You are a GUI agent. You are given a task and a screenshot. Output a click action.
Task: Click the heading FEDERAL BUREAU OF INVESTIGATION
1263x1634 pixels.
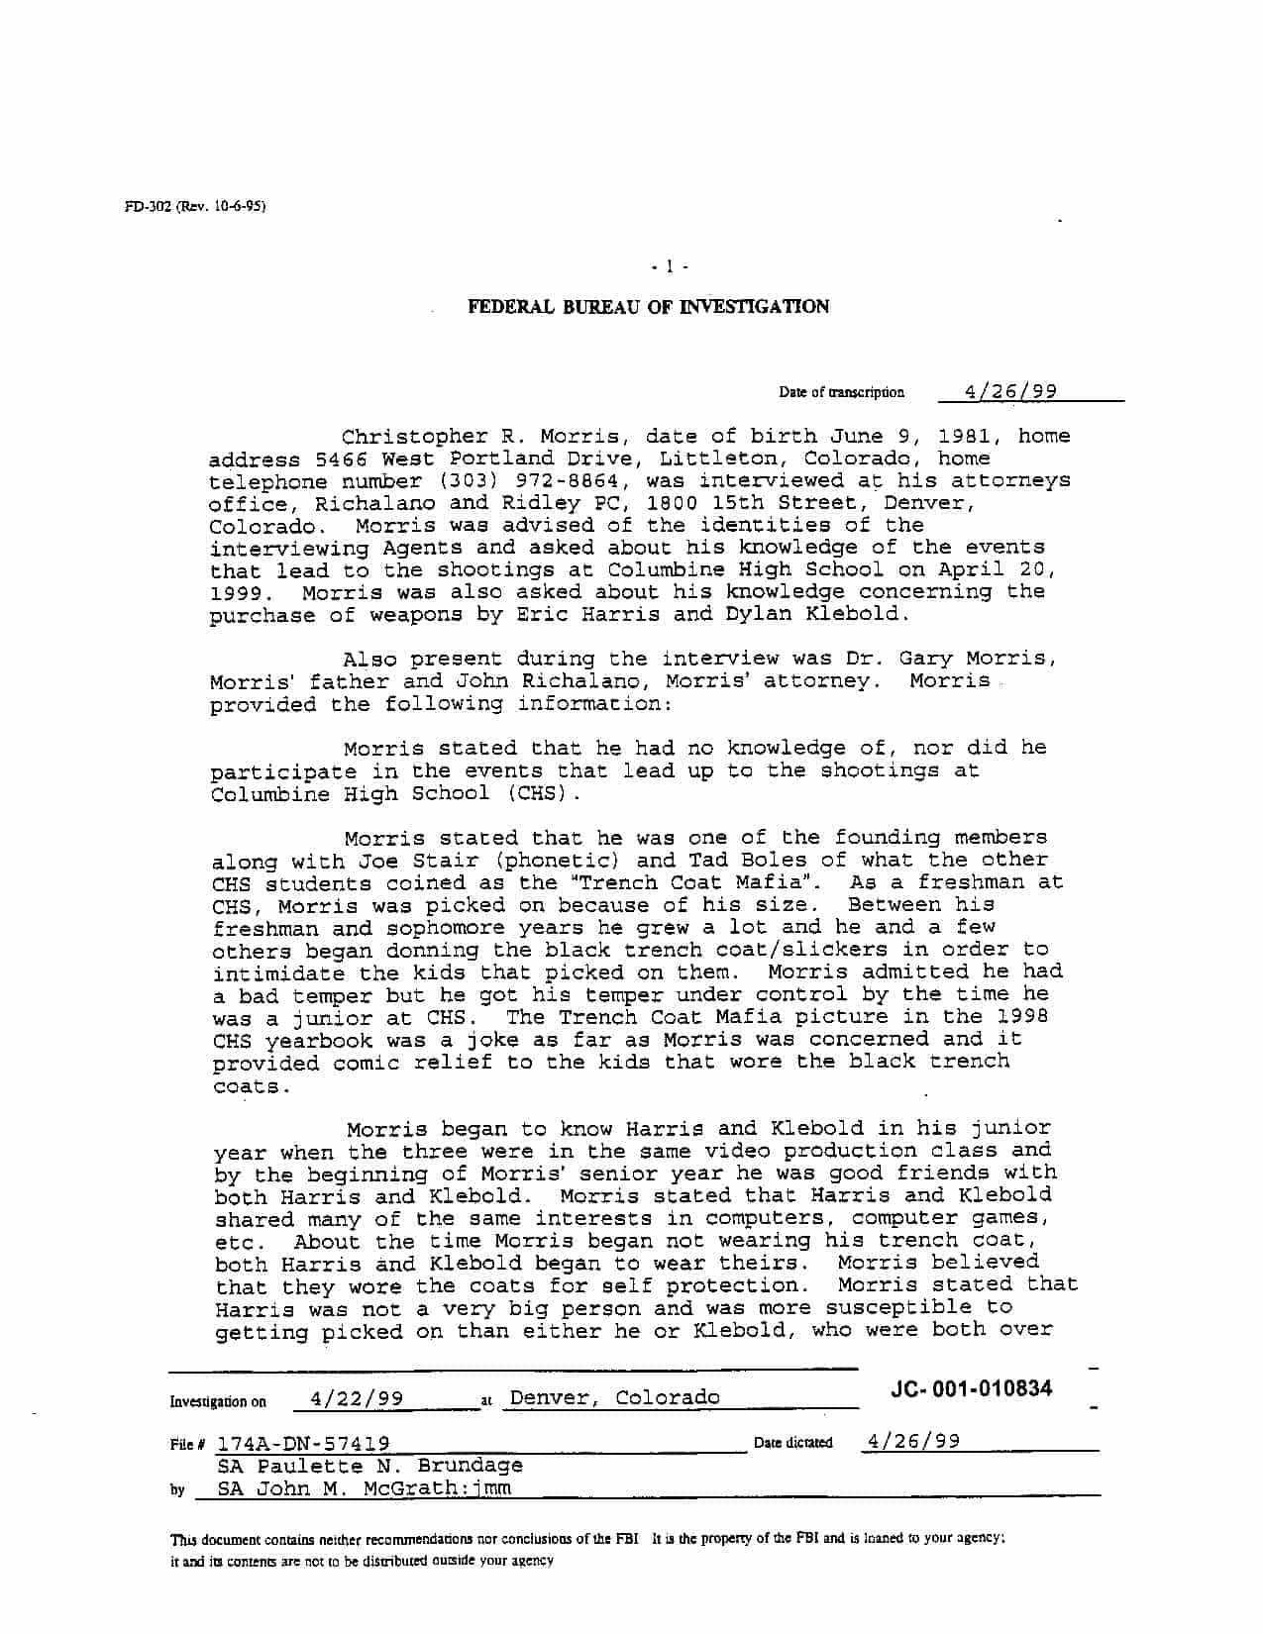tap(648, 307)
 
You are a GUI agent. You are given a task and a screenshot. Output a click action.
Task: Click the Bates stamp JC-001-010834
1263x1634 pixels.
tap(971, 1388)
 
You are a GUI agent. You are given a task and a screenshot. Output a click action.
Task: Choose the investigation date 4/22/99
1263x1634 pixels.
tap(357, 1398)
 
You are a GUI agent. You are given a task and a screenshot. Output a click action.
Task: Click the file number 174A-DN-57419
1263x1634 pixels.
tap(303, 1444)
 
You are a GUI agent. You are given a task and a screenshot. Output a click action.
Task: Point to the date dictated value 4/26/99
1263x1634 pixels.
tap(911, 1441)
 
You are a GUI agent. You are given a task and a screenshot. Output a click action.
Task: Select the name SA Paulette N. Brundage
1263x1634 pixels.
tap(369, 1466)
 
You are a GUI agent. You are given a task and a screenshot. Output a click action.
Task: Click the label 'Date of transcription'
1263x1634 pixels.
tap(841, 392)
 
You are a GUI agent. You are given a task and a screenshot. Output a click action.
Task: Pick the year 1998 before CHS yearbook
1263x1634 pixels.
tap(1021, 1016)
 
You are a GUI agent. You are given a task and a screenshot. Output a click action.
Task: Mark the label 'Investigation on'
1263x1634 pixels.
tap(218, 1401)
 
